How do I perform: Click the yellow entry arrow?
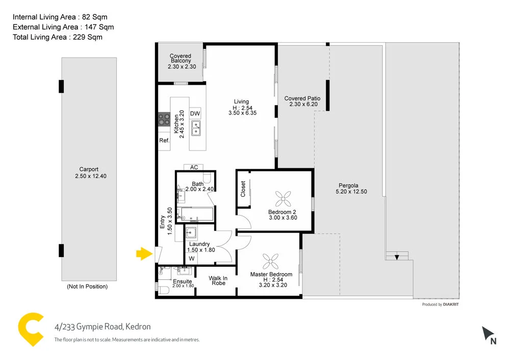pos(143,253)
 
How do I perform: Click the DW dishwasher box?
pos(195,113)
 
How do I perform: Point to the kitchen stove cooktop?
pos(164,119)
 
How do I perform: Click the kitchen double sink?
pos(196,128)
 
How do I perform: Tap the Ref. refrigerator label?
pos(164,141)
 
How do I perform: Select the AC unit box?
pos(194,167)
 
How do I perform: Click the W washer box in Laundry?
pos(191,259)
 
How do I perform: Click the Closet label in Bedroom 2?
pos(243,189)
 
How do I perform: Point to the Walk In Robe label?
pos(218,280)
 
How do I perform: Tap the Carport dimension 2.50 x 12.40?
pos(89,176)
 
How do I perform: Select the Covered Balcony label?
pos(181,59)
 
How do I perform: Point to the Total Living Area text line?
pos(57,37)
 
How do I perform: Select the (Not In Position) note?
pos(87,287)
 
